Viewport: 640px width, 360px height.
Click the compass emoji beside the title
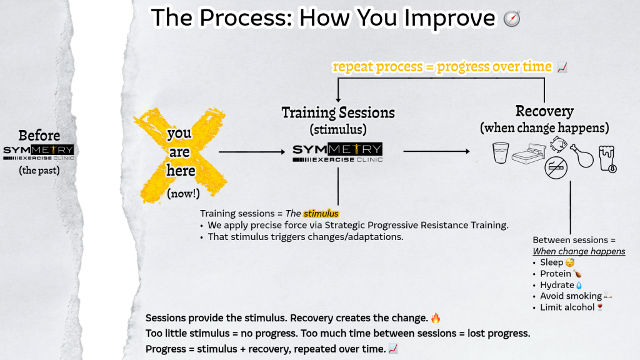point(512,19)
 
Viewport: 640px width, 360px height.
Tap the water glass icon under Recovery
point(501,152)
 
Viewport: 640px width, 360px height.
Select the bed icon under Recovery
point(529,154)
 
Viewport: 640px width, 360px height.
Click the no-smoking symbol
point(556,167)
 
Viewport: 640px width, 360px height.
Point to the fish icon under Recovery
point(558,144)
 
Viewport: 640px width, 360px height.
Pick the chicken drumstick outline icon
point(582,156)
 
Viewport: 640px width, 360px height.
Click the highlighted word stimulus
point(321,214)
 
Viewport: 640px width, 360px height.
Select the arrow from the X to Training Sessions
point(252,152)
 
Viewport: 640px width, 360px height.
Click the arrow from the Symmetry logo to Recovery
point(436,151)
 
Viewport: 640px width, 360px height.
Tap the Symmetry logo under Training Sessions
point(337,152)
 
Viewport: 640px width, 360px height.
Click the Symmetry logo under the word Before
point(39,152)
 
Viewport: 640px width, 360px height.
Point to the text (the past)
point(39,170)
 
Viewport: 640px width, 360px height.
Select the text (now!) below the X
point(183,194)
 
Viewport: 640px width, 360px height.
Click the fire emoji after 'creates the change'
point(436,318)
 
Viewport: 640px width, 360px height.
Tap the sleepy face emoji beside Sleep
point(570,262)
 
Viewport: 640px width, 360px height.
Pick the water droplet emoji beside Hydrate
point(579,285)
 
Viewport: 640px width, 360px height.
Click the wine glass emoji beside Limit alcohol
point(600,307)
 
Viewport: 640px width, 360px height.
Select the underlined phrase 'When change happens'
point(579,251)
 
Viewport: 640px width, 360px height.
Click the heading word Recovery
point(544,111)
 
